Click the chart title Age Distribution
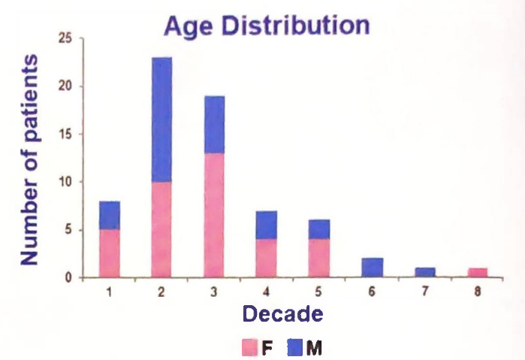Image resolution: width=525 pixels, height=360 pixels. [267, 24]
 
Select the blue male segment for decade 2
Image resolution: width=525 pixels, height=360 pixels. [161, 119]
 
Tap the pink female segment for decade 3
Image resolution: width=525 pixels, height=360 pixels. [213, 215]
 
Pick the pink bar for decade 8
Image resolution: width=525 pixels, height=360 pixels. [478, 273]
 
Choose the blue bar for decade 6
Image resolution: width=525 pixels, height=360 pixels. [373, 268]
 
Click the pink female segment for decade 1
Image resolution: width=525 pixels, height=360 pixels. [109, 253]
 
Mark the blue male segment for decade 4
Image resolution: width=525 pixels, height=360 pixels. [267, 225]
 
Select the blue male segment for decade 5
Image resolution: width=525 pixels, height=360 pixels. [319, 229]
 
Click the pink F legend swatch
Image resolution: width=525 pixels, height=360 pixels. [250, 347]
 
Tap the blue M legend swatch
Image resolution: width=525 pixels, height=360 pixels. [295, 347]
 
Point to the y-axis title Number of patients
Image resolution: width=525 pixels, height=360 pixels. [30, 159]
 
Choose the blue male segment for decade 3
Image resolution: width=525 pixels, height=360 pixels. [213, 124]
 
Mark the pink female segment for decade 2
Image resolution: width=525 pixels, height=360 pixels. [161, 229]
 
